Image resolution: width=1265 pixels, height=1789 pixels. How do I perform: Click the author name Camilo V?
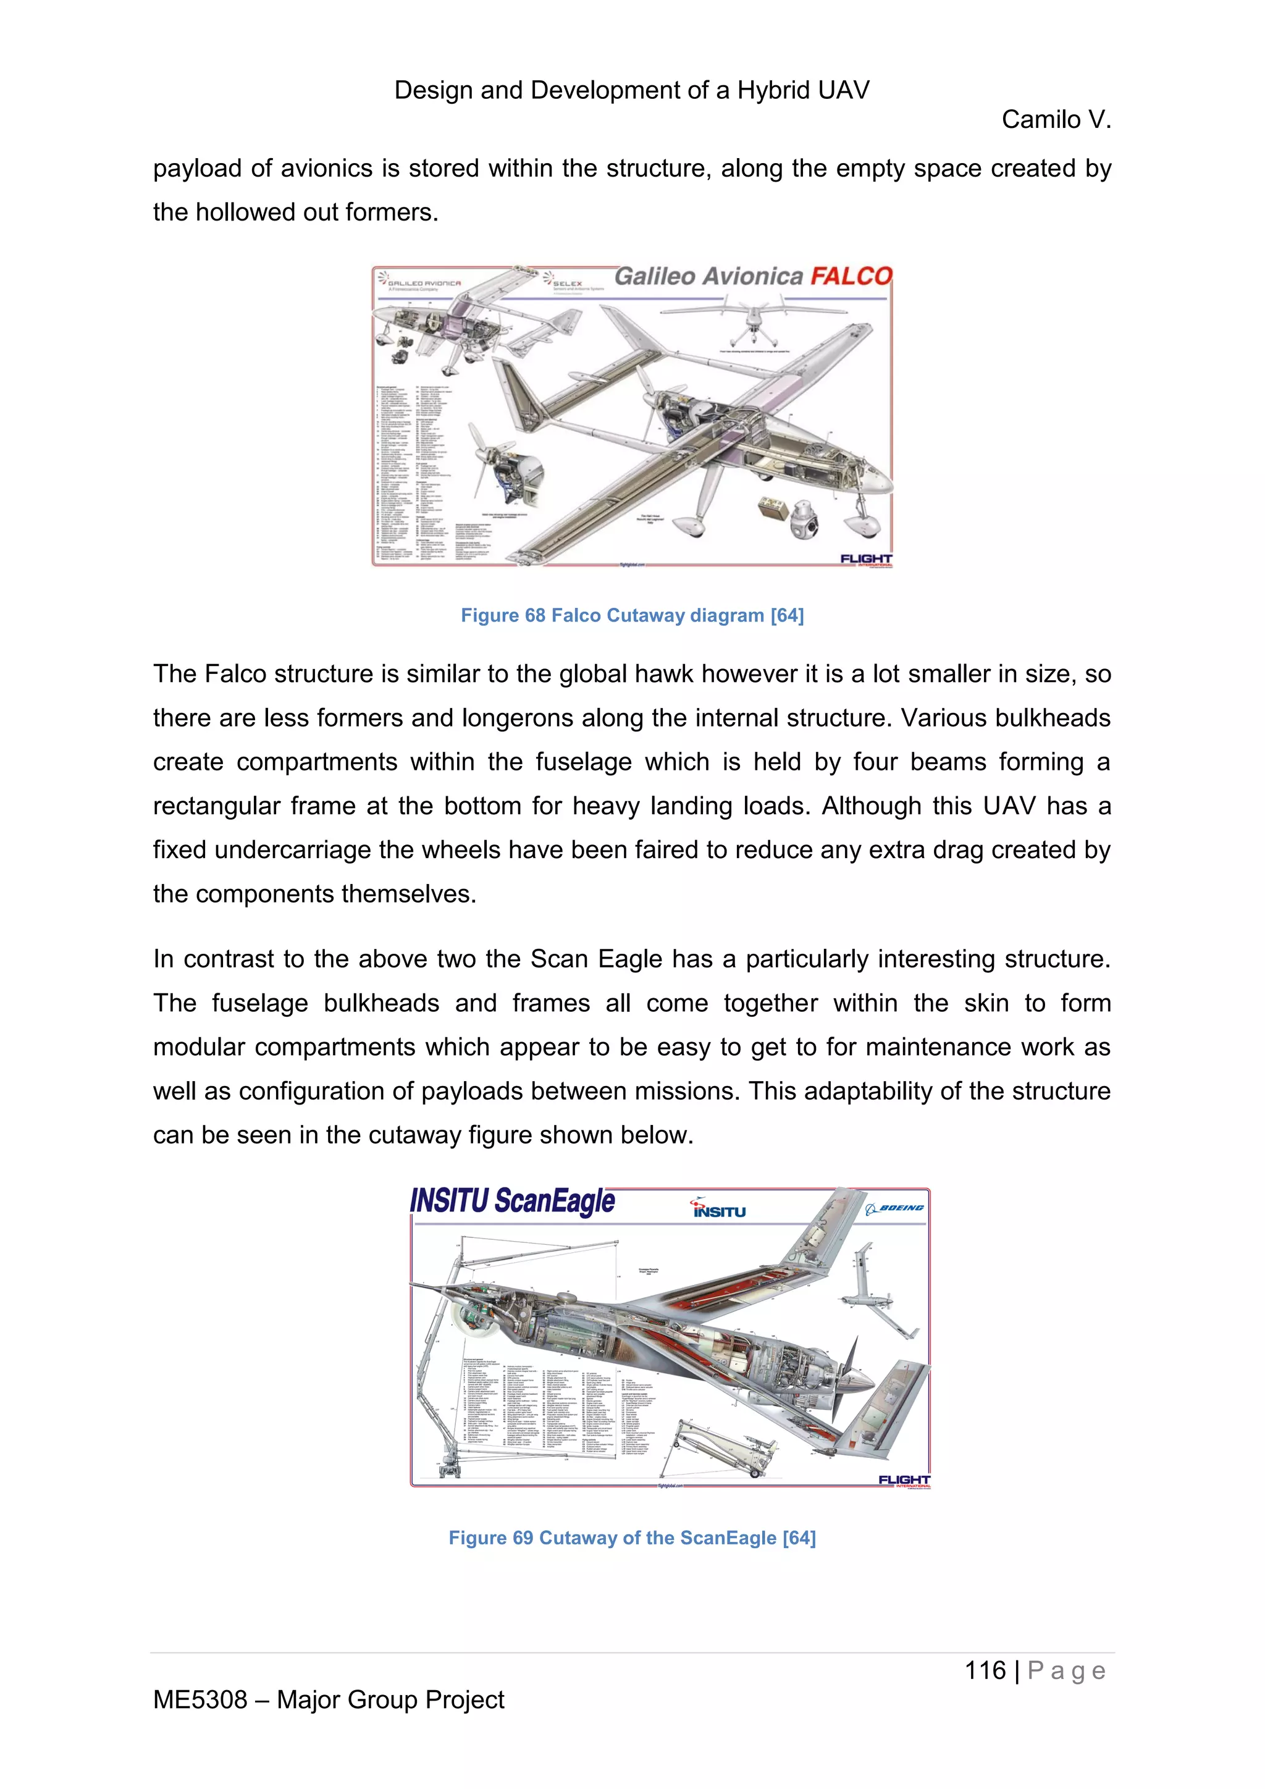(x=1056, y=120)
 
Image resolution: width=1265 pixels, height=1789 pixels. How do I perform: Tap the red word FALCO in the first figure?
(x=851, y=277)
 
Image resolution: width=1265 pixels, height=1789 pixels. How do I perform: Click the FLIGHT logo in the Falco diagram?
(x=865, y=558)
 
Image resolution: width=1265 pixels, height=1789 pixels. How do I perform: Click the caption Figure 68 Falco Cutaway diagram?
(x=632, y=615)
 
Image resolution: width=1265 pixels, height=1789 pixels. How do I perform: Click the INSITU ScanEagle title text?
(x=512, y=1202)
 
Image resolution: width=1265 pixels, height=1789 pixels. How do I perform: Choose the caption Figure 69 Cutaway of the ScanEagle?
(x=632, y=1538)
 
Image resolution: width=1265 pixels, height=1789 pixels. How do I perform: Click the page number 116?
(x=985, y=1670)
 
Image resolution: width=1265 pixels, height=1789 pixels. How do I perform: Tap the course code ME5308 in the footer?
(x=200, y=1699)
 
